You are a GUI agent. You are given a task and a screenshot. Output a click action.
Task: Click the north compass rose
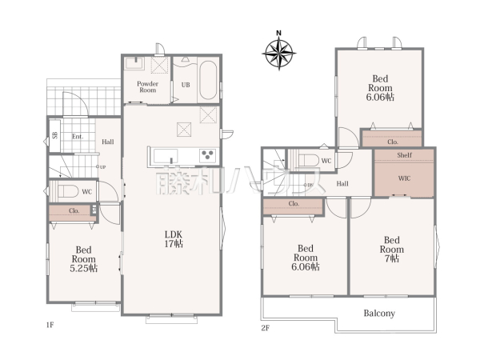[x=279, y=54]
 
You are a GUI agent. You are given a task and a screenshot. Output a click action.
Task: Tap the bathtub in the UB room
[x=208, y=80]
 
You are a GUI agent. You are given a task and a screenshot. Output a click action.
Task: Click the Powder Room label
[x=147, y=87]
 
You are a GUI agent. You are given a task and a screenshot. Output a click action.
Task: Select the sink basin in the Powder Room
[x=134, y=64]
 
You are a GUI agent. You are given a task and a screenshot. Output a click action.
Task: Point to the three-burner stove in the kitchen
[x=207, y=155]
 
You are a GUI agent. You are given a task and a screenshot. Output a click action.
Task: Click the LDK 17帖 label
[x=174, y=239]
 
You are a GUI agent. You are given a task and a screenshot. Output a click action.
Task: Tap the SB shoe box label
[x=54, y=135]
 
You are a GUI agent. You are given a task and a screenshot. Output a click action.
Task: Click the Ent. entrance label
[x=78, y=137]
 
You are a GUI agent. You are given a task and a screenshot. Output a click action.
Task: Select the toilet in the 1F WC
[x=68, y=191]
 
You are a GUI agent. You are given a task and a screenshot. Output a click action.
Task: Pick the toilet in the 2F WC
[x=308, y=160]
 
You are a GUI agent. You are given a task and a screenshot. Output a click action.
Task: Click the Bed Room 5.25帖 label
[x=83, y=259]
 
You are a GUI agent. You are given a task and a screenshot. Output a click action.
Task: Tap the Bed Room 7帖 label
[x=392, y=249]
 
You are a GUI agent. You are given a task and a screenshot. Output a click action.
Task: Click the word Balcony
[x=379, y=313]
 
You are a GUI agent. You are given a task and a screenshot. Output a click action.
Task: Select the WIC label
[x=404, y=178]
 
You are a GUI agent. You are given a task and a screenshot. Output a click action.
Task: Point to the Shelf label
[x=404, y=155]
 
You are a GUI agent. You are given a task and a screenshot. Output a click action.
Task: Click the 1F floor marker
[x=50, y=325]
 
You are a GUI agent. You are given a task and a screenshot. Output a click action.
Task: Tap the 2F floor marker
[x=266, y=328]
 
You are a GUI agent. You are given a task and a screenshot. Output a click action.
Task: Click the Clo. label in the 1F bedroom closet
[x=74, y=210]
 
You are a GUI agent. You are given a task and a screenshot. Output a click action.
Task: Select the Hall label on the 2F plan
[x=342, y=184]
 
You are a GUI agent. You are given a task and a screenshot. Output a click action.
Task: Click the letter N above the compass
[x=278, y=33]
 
